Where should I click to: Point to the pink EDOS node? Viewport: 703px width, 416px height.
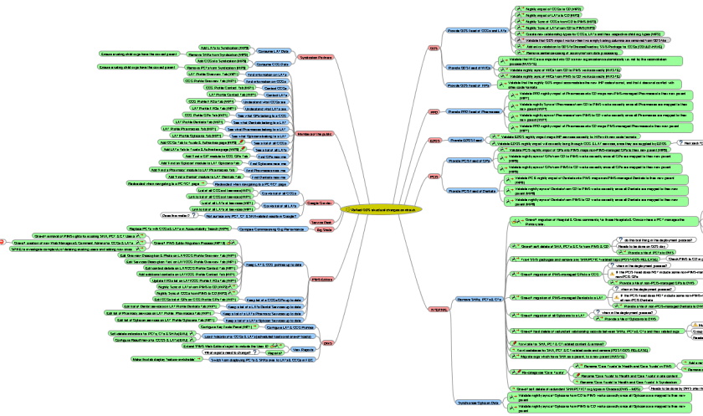(x=434, y=141)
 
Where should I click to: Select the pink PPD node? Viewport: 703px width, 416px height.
(x=434, y=111)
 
